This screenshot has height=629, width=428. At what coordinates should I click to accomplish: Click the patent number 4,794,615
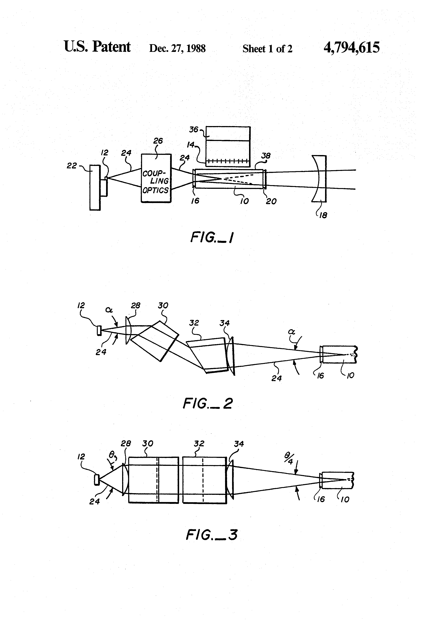(351, 47)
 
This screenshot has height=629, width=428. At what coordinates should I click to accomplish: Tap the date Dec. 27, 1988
(177, 48)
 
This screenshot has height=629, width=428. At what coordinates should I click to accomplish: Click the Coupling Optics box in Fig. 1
(156, 178)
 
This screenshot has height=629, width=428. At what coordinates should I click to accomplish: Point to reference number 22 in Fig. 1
(72, 165)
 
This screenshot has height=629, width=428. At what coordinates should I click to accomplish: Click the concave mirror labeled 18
(319, 179)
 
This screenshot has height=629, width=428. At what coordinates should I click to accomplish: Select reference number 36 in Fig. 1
(194, 130)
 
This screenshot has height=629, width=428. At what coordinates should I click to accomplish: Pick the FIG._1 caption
(212, 237)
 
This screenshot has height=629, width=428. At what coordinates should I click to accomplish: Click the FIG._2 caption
(208, 403)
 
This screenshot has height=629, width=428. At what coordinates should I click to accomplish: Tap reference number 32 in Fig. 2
(194, 323)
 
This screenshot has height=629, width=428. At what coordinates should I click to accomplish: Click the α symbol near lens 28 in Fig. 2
(109, 310)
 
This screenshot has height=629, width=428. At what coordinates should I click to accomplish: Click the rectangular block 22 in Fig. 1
(95, 187)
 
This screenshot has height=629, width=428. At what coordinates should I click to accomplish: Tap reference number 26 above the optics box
(158, 141)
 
